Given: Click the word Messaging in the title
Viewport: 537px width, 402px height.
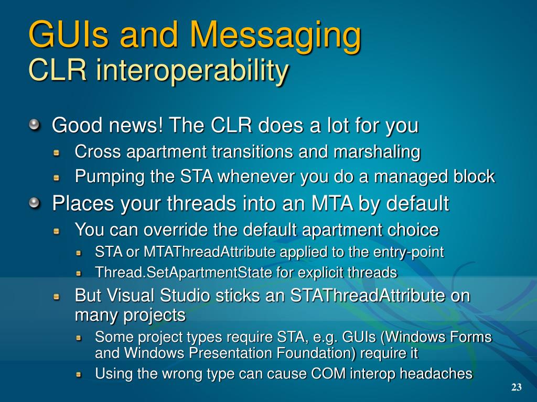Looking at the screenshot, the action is pos(275,35).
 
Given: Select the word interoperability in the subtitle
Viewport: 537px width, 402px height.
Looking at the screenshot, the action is pos(192,71).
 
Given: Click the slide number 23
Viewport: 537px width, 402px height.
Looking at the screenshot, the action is pos(517,387).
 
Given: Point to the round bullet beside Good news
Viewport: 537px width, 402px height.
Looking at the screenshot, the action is pos(34,125).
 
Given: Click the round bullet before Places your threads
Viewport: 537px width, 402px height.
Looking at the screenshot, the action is pos(34,203).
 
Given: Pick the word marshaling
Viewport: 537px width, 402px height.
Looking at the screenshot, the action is pos(377,152).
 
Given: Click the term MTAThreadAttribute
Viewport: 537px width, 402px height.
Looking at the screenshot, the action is pos(210,252).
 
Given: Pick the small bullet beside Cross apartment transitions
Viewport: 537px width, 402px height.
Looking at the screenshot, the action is pos(57,152).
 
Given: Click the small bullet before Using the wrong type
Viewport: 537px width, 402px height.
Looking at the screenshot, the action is pos(79,374).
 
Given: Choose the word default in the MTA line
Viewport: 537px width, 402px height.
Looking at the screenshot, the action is pos(417,204).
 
